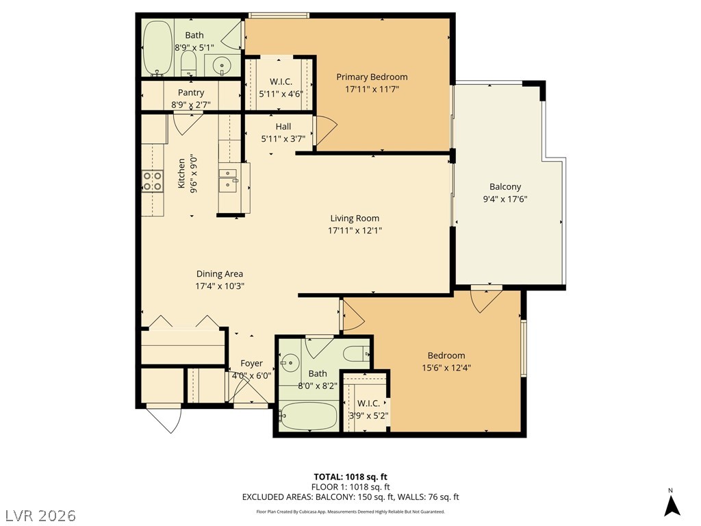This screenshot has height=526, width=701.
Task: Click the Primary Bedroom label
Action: [372, 77]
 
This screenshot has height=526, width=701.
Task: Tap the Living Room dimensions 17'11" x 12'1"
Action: [355, 231]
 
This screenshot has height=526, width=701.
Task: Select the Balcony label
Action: [505, 187]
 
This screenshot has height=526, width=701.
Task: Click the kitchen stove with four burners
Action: [153, 181]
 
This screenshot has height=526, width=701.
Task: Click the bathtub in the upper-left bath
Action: [157, 49]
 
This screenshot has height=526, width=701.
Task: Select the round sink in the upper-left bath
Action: [222, 66]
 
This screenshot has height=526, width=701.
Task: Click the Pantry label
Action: [191, 92]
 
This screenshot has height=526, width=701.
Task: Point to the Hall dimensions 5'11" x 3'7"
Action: [283, 139]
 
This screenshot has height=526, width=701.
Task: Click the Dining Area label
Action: [220, 274]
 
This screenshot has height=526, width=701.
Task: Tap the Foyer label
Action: [251, 363]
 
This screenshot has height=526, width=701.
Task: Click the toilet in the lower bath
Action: [356, 354]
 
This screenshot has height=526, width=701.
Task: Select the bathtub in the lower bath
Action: [308, 416]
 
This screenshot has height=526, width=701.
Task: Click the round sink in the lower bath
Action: [290, 362]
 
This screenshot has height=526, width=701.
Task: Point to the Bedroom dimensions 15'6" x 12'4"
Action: [446, 368]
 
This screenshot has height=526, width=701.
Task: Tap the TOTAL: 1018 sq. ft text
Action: [350, 477]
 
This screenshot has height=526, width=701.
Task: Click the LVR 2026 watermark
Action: [39, 515]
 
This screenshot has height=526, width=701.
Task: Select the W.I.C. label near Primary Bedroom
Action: [281, 82]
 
